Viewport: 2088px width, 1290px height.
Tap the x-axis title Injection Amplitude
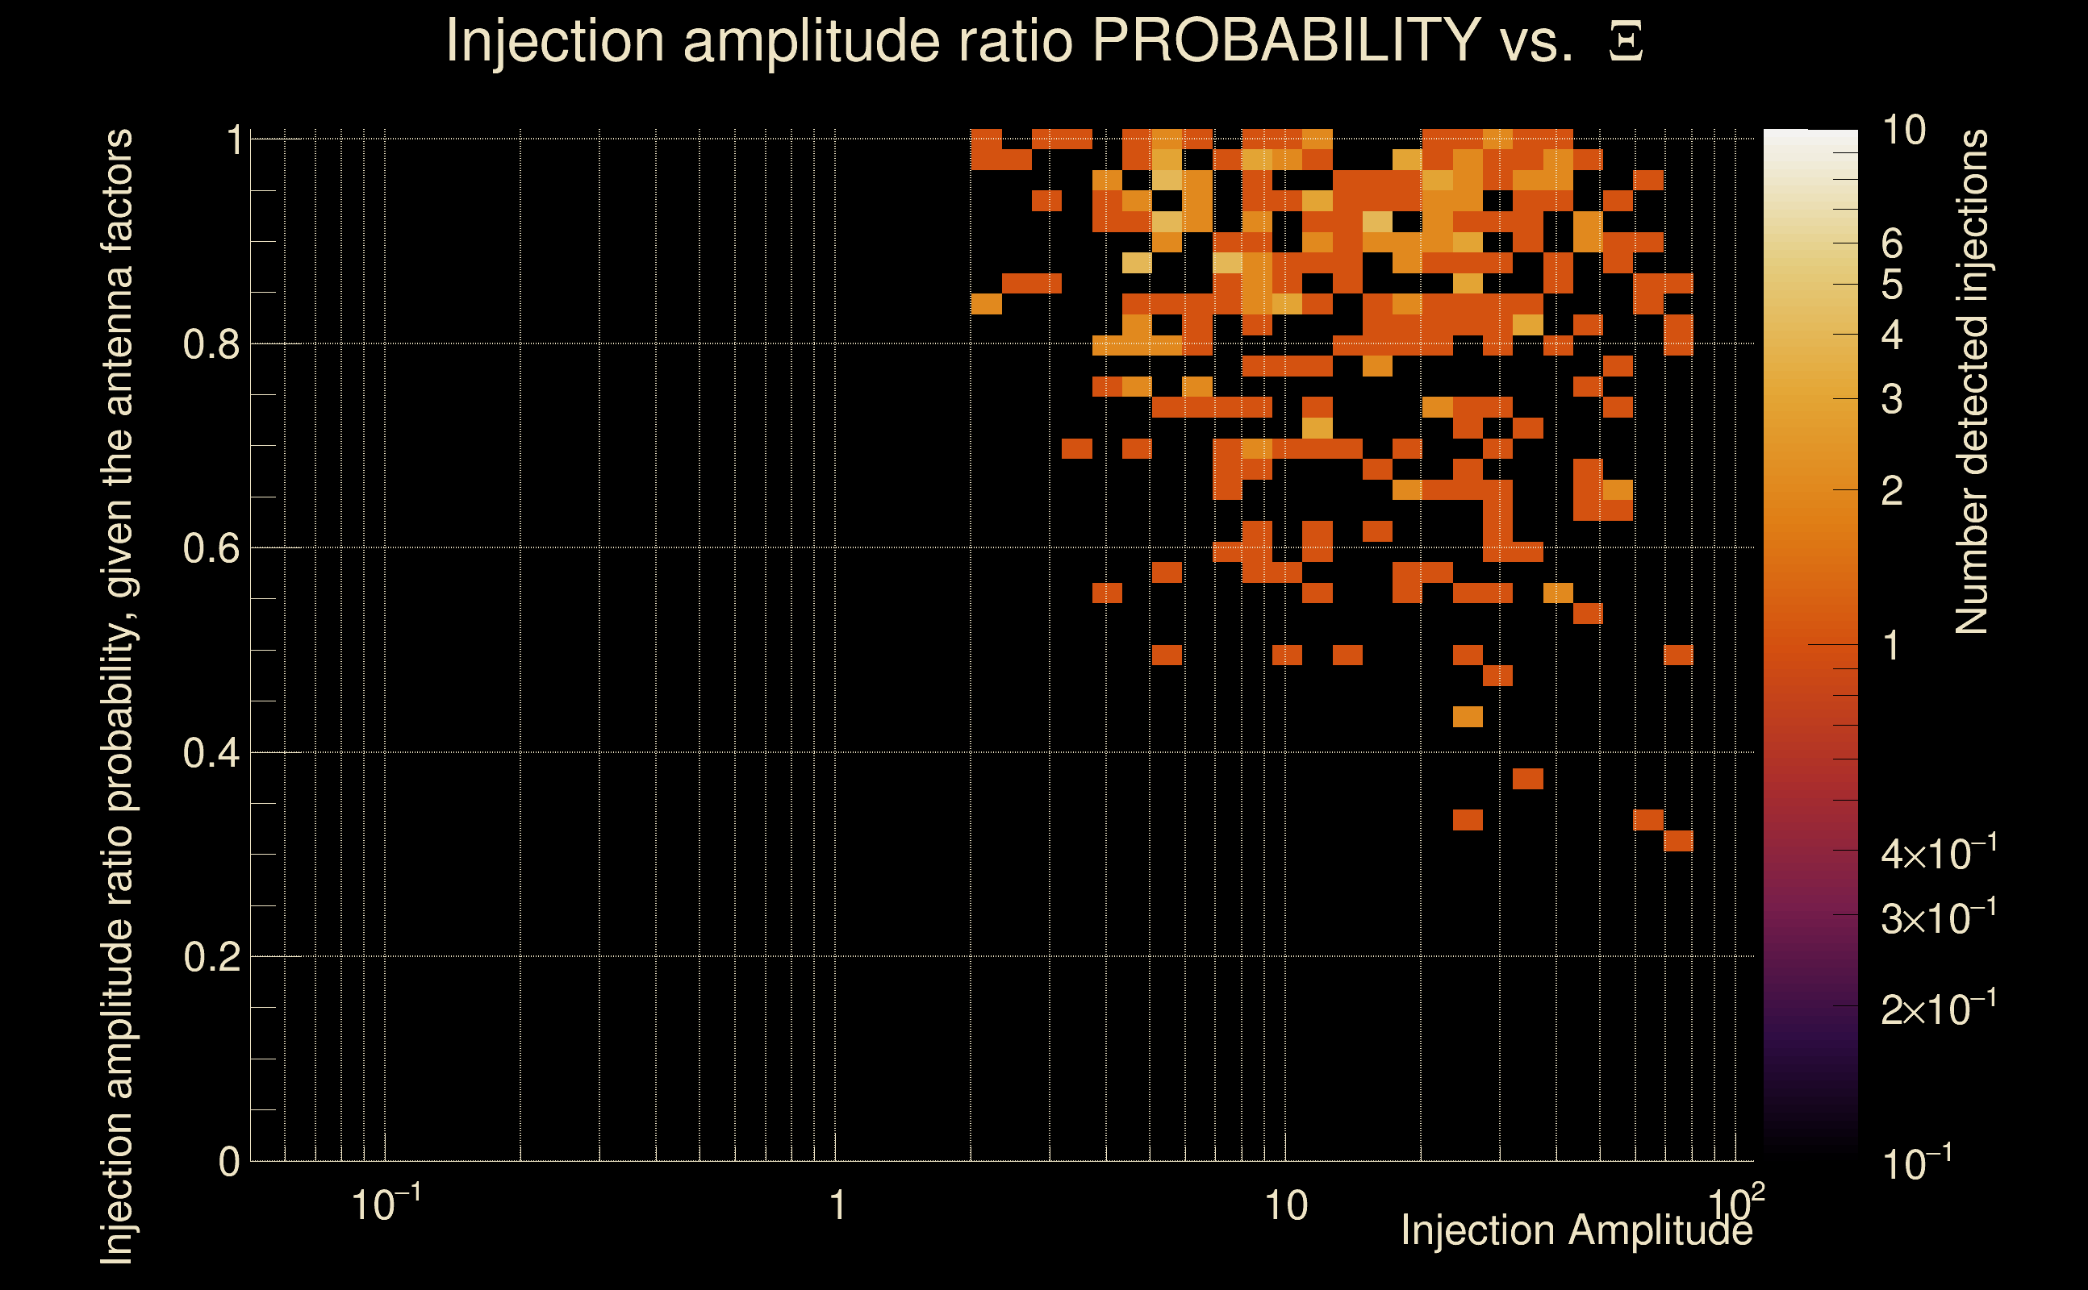1576,1230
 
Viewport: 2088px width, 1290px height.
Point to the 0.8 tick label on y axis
211,345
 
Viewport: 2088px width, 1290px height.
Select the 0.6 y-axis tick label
211,548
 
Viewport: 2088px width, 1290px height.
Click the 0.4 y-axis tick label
211,753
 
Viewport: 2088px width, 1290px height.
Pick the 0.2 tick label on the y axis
211,957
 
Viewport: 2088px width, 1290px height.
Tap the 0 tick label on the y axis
229,1162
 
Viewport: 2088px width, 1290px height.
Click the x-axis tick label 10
1285,1205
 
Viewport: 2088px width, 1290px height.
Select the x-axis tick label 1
837,1205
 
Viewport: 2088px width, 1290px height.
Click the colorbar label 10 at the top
1903,131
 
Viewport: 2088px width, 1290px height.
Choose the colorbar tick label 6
1892,244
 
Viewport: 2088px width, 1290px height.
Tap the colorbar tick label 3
1892,399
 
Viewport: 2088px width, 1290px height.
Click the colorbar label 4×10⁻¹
1938,853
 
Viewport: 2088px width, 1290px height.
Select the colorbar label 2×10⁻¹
1938,1009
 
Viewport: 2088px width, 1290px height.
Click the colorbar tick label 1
1892,646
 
